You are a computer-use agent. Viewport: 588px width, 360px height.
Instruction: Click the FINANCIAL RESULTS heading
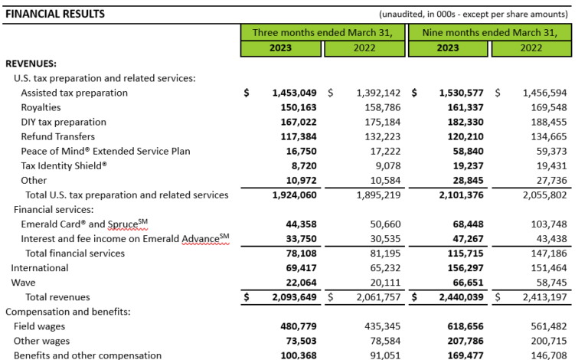(x=55, y=14)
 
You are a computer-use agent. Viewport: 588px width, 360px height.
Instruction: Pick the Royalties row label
(x=42, y=107)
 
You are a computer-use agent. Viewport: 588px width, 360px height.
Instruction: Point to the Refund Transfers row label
(x=59, y=136)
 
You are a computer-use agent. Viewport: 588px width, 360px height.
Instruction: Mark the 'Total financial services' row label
(x=75, y=253)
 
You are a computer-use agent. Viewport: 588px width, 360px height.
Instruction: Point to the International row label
(x=40, y=268)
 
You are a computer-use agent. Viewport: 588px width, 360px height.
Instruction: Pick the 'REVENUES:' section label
(x=31, y=64)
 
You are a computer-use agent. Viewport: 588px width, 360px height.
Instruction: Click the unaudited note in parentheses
(x=473, y=14)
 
